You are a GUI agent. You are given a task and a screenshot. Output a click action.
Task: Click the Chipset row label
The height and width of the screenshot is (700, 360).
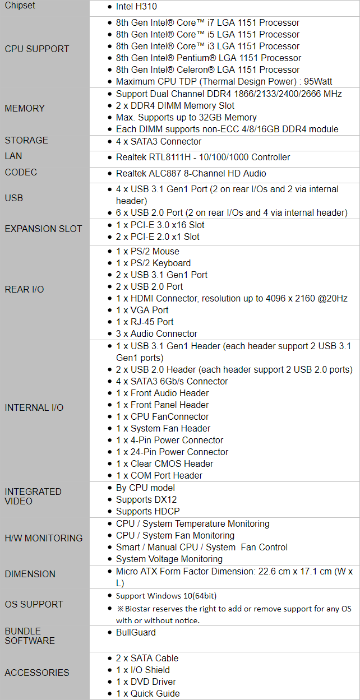[x=20, y=6]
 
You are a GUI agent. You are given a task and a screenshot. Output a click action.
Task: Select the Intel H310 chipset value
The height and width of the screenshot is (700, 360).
[x=136, y=7]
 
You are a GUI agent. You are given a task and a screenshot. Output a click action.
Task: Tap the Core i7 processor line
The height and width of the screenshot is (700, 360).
[x=207, y=23]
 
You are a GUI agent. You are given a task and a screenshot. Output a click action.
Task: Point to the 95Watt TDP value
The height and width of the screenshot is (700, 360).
[x=318, y=82]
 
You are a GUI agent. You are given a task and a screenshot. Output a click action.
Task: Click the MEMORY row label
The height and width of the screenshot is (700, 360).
[x=25, y=108]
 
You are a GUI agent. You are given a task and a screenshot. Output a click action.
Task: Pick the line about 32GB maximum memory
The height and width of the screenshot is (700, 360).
[x=186, y=118]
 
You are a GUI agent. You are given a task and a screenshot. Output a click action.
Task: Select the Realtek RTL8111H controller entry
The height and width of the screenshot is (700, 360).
[x=203, y=157]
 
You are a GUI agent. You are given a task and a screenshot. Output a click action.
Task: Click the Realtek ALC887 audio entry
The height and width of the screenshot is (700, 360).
[x=191, y=173]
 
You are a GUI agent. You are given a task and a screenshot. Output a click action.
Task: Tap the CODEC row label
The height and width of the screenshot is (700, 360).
[x=21, y=172]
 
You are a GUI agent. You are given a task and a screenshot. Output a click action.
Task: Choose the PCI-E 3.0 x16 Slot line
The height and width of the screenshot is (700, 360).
[x=160, y=225]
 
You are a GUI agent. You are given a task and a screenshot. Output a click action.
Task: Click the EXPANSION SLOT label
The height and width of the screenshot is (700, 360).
[x=43, y=229]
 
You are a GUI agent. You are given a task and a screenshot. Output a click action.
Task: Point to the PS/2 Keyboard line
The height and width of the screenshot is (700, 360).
[x=153, y=263]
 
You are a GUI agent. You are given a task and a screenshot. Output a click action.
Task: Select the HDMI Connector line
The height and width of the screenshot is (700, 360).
[x=232, y=298]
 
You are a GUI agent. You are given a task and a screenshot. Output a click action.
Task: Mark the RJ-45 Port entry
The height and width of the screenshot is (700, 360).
[x=145, y=322]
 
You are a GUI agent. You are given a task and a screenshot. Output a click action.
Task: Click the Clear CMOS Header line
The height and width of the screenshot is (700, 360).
[x=164, y=463]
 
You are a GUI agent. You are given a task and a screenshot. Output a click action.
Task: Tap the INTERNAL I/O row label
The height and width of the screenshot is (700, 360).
[x=34, y=408]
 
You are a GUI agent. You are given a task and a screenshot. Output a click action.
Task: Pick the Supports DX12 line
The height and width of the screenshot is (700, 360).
[x=146, y=500]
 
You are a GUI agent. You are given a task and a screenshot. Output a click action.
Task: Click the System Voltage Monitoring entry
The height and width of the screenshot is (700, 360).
[x=169, y=559]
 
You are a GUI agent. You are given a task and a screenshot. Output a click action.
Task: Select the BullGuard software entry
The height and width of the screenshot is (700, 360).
[x=136, y=633]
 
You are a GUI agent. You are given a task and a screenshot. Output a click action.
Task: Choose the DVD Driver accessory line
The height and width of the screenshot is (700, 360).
[x=146, y=682]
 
